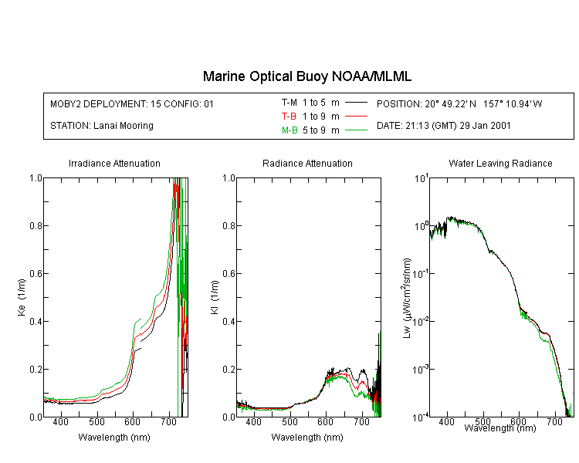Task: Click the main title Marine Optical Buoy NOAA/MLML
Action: tap(307, 76)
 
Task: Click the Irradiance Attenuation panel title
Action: tap(114, 164)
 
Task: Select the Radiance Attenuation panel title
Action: tap(307, 164)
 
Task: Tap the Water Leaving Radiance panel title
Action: tap(500, 164)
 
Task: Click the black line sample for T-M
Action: tap(355, 102)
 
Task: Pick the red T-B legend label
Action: tap(289, 116)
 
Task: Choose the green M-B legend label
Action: tap(289, 130)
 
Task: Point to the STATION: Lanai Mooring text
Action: tap(101, 126)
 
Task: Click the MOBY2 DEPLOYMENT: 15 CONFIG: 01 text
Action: tap(132, 103)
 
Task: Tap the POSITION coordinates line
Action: tap(459, 103)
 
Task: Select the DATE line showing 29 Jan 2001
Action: tap(444, 126)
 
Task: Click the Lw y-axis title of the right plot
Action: tap(408, 297)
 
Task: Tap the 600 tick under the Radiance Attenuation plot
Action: tap(326, 423)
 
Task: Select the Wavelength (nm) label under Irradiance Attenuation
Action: tap(114, 438)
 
